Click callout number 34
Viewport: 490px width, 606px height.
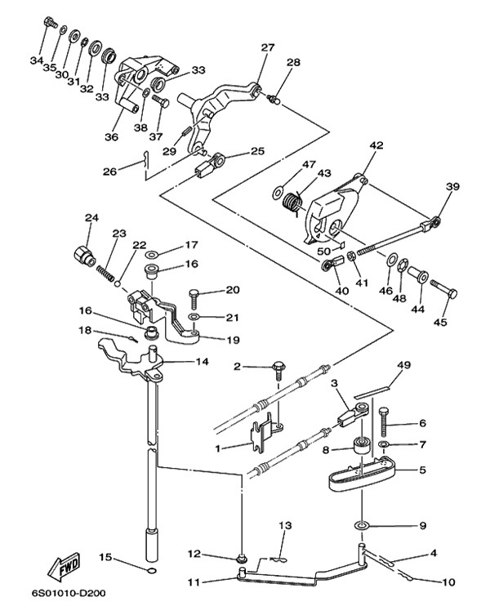click(x=36, y=60)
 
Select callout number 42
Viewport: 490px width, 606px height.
click(x=353, y=145)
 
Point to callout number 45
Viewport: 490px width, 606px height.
click(x=441, y=322)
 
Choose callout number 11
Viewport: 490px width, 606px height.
click(x=193, y=581)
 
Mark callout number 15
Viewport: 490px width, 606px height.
click(x=105, y=557)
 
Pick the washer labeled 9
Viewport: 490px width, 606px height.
click(x=361, y=523)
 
